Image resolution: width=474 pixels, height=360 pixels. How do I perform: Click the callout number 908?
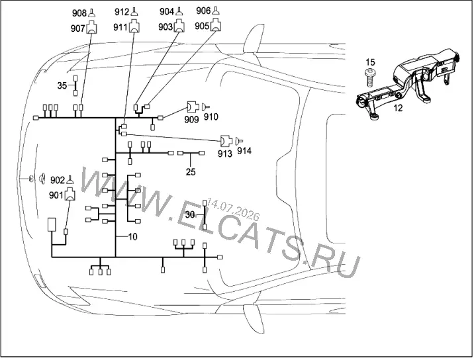tap(79, 13)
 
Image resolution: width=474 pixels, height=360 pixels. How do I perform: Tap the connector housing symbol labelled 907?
tap(92, 27)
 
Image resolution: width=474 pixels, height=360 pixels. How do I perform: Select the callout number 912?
tap(122, 12)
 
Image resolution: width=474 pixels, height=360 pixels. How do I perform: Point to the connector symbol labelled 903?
tap(179, 26)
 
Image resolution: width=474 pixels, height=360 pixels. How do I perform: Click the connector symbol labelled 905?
tap(216, 24)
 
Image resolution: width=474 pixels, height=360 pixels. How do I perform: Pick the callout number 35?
tap(62, 85)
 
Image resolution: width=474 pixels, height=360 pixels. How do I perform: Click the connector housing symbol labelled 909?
tap(193, 107)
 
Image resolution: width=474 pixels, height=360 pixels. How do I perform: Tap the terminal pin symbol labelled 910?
tap(206, 107)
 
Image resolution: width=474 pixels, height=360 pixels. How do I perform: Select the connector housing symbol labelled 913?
tap(226, 140)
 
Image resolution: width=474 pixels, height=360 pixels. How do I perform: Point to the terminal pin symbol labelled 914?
tap(239, 140)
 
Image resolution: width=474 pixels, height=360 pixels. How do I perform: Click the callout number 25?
tap(191, 171)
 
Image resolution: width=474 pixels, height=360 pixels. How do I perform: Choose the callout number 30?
tap(190, 214)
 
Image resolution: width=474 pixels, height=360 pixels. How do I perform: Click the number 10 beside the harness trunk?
tap(132, 236)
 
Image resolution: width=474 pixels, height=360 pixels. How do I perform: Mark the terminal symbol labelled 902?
tap(70, 180)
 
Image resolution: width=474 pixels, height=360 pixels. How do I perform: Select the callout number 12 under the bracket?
tap(398, 108)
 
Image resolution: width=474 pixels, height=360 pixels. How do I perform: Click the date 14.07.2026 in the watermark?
tap(233, 210)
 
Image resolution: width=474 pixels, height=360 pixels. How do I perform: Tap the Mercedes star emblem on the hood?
tap(31, 179)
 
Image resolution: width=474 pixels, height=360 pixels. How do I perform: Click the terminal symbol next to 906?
tap(216, 11)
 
